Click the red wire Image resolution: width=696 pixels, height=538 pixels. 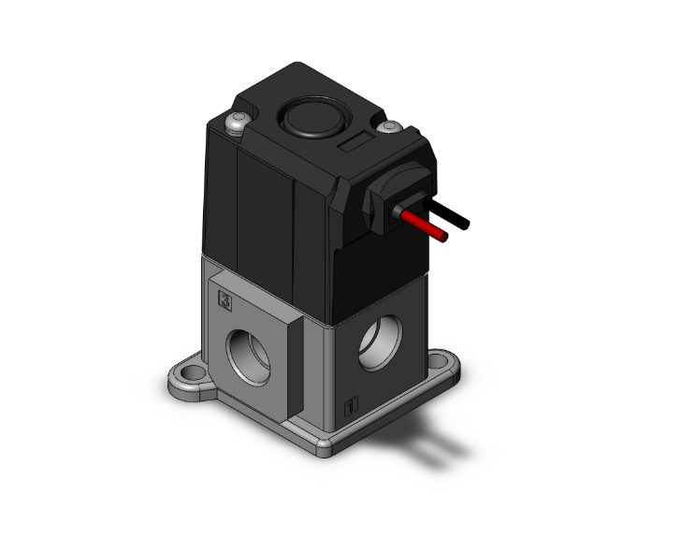pyautogui.click(x=427, y=226)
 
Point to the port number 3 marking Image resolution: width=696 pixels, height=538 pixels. pyautogui.click(x=225, y=299)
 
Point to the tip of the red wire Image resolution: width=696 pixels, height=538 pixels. pyautogui.click(x=444, y=237)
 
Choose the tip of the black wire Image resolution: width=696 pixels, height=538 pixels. pyautogui.click(x=465, y=225)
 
